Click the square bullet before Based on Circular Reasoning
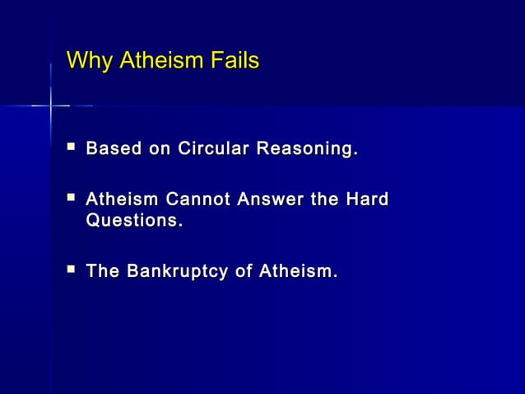click(71, 148)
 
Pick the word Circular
click(207, 150)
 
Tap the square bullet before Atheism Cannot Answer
click(71, 199)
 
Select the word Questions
click(133, 223)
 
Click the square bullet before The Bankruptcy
click(71, 270)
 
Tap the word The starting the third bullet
click(103, 271)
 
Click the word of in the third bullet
click(244, 271)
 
